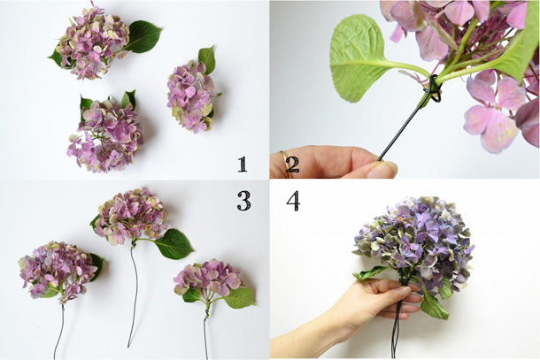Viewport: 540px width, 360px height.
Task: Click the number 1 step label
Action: [242, 163]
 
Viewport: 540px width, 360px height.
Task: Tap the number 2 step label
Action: [292, 163]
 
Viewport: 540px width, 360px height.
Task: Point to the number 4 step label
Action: [293, 201]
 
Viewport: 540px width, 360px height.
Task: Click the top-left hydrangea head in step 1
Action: [91, 44]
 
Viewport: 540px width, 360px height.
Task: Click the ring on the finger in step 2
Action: [284, 159]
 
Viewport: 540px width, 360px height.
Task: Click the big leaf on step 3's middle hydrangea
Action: [175, 243]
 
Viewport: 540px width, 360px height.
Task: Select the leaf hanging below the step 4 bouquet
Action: [431, 304]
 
